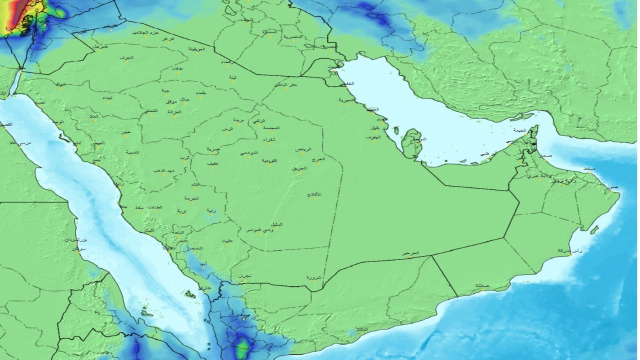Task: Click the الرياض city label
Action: tap(303, 149)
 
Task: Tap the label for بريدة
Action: tap(240, 120)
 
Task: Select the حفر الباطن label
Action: tap(286, 84)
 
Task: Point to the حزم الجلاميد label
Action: tap(146, 32)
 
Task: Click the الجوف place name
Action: tap(127, 58)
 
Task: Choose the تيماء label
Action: tap(107, 98)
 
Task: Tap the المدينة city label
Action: tap(132, 152)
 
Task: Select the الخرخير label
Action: tap(410, 253)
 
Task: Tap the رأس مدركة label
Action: tap(570, 250)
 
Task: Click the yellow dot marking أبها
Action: tap(203, 268)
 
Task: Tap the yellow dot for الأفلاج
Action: tap(314, 198)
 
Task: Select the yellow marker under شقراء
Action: tap(268, 143)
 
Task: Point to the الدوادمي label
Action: tap(248, 152)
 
